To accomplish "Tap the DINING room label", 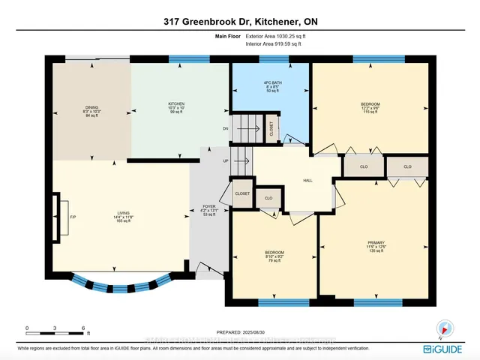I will point(91,107).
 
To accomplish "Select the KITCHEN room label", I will point(176,103).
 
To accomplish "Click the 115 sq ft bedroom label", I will point(370,103).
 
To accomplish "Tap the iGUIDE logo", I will point(448,349).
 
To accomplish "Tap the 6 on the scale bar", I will point(83,328).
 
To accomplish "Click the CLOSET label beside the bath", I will point(271,129).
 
